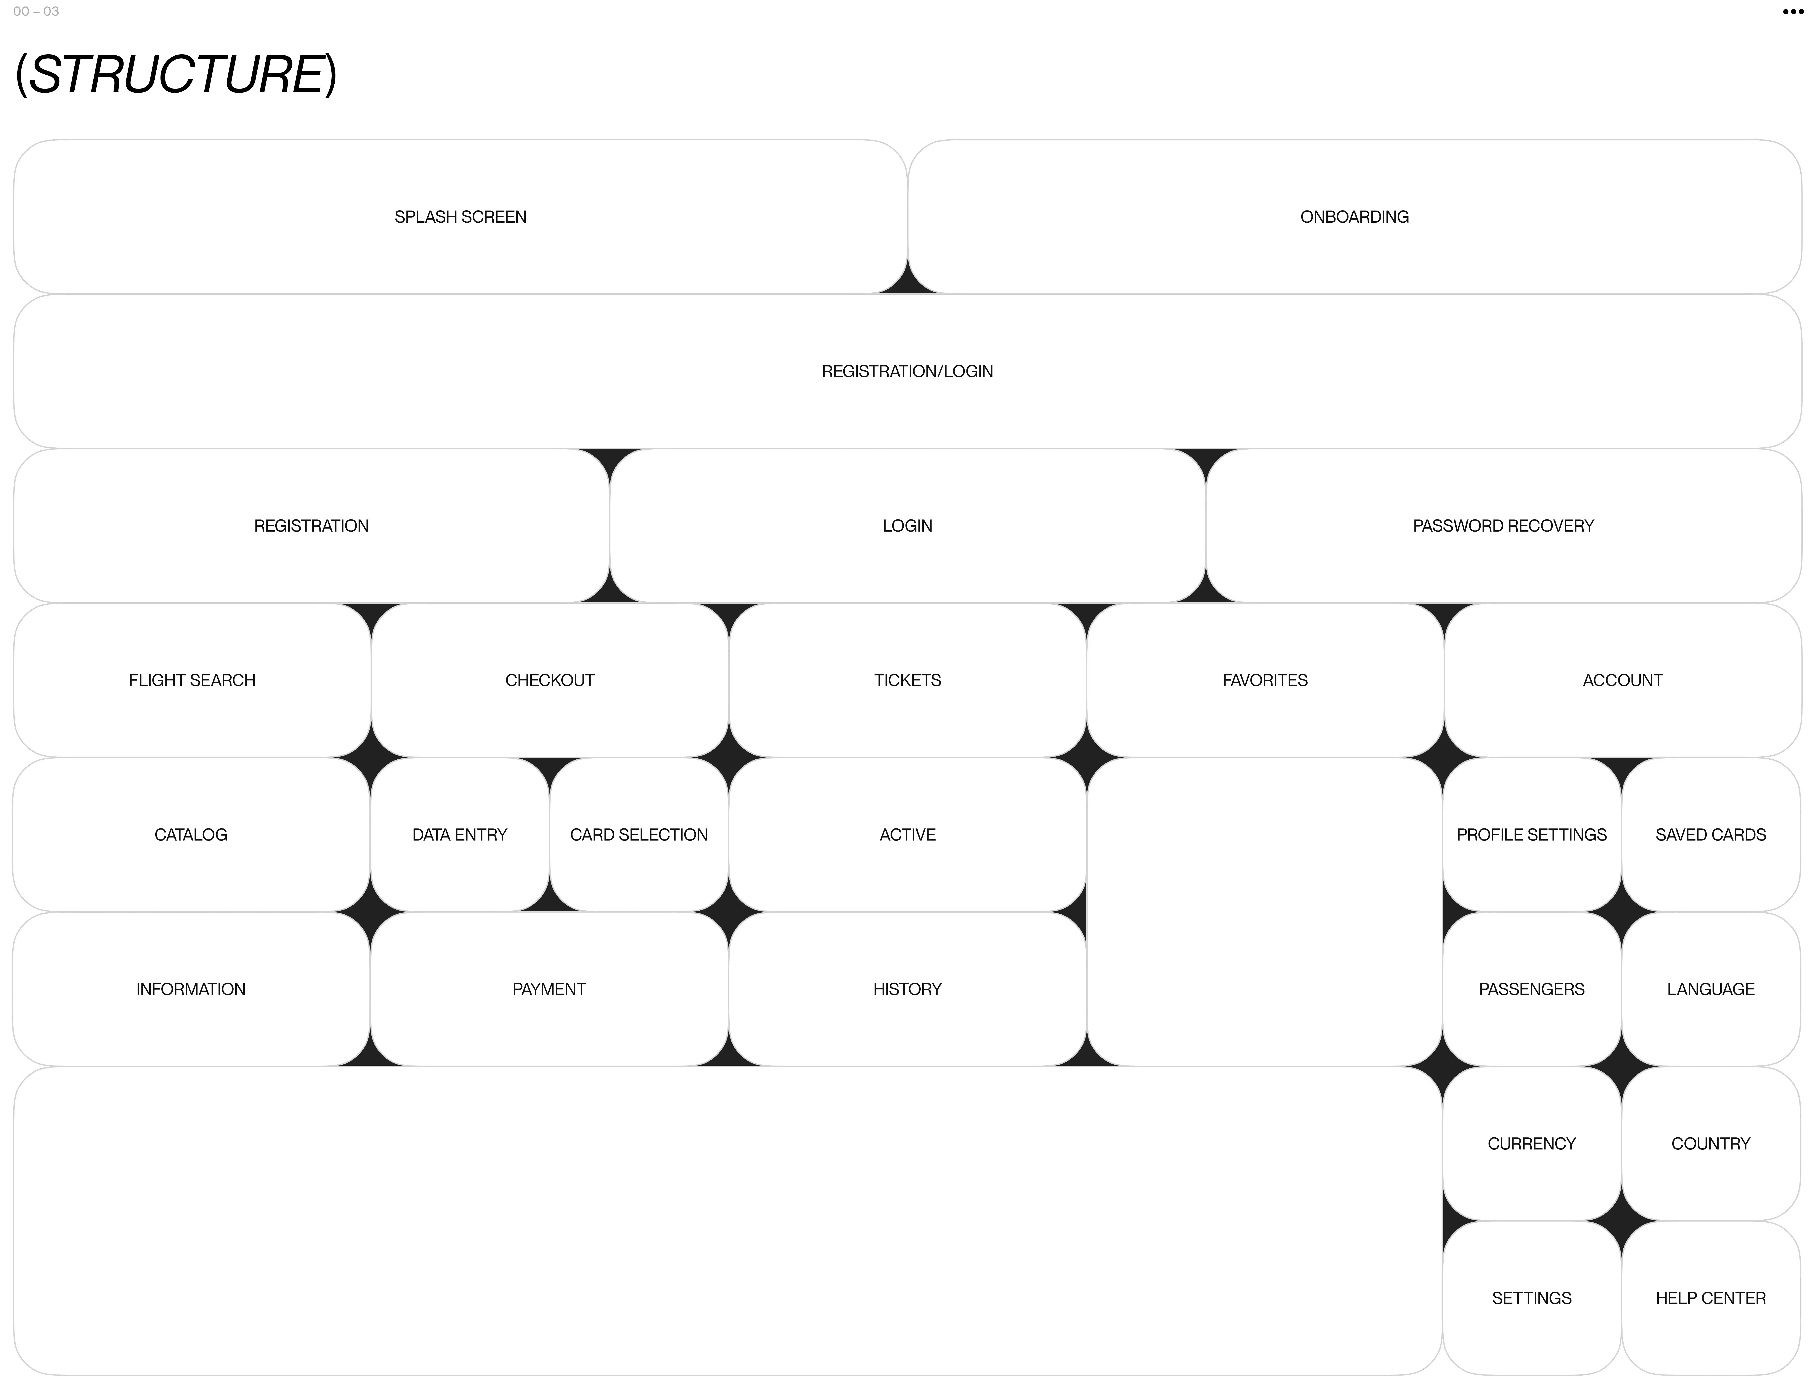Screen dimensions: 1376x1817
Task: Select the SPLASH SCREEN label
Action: pos(460,217)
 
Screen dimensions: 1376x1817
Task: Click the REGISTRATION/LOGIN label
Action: pos(907,371)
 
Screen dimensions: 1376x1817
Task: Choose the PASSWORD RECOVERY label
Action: pos(1502,526)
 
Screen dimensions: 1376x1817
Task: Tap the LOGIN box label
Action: pos(907,526)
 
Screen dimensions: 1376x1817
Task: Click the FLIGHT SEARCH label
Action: pos(192,680)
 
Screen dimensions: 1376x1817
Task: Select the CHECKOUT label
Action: pos(550,680)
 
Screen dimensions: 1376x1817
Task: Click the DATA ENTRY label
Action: pos(459,835)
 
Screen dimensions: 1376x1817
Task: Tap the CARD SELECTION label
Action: pos(638,835)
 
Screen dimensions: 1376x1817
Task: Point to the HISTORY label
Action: pos(907,989)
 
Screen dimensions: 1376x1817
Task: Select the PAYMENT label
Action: pos(549,989)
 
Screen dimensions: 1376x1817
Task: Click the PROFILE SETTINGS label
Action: pos(1531,835)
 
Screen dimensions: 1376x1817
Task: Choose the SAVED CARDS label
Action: pos(1710,835)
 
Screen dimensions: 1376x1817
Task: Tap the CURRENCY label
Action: pos(1531,1143)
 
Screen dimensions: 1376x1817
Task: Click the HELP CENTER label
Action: pos(1710,1298)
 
